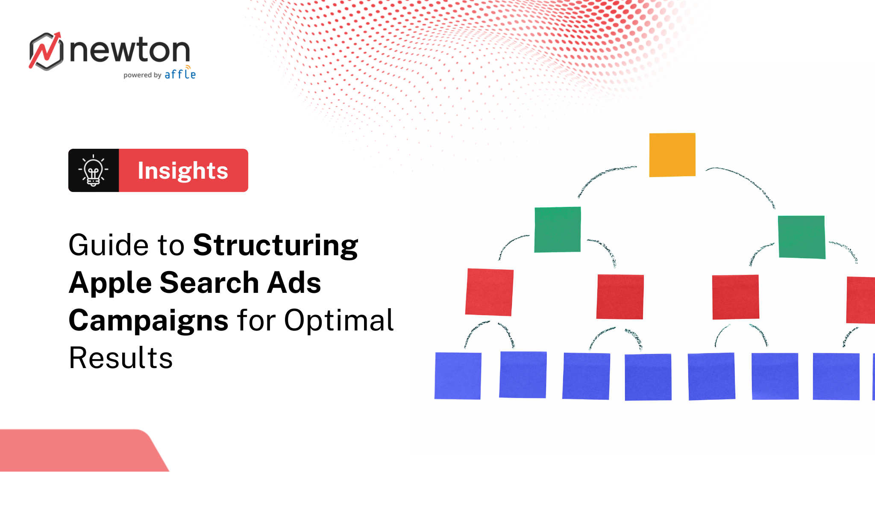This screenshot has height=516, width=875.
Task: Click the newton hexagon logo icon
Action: click(46, 51)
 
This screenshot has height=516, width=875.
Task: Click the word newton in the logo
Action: click(129, 50)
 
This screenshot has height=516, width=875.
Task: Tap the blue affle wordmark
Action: click(180, 74)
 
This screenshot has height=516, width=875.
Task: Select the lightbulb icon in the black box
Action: click(93, 171)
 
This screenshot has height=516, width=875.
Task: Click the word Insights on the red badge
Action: click(183, 171)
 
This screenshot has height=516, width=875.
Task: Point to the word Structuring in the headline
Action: click(276, 245)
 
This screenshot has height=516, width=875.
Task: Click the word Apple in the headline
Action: click(110, 283)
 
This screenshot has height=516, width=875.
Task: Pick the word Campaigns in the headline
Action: click(149, 321)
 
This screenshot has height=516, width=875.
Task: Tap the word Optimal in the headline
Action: click(338, 320)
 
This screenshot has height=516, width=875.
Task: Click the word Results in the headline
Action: click(121, 358)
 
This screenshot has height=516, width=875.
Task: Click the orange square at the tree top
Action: click(672, 155)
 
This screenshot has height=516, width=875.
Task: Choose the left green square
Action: click(558, 230)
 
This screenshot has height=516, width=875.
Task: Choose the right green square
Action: click(802, 237)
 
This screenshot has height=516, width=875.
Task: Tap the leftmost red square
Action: click(490, 292)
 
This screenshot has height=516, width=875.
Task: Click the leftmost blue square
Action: click(458, 376)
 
